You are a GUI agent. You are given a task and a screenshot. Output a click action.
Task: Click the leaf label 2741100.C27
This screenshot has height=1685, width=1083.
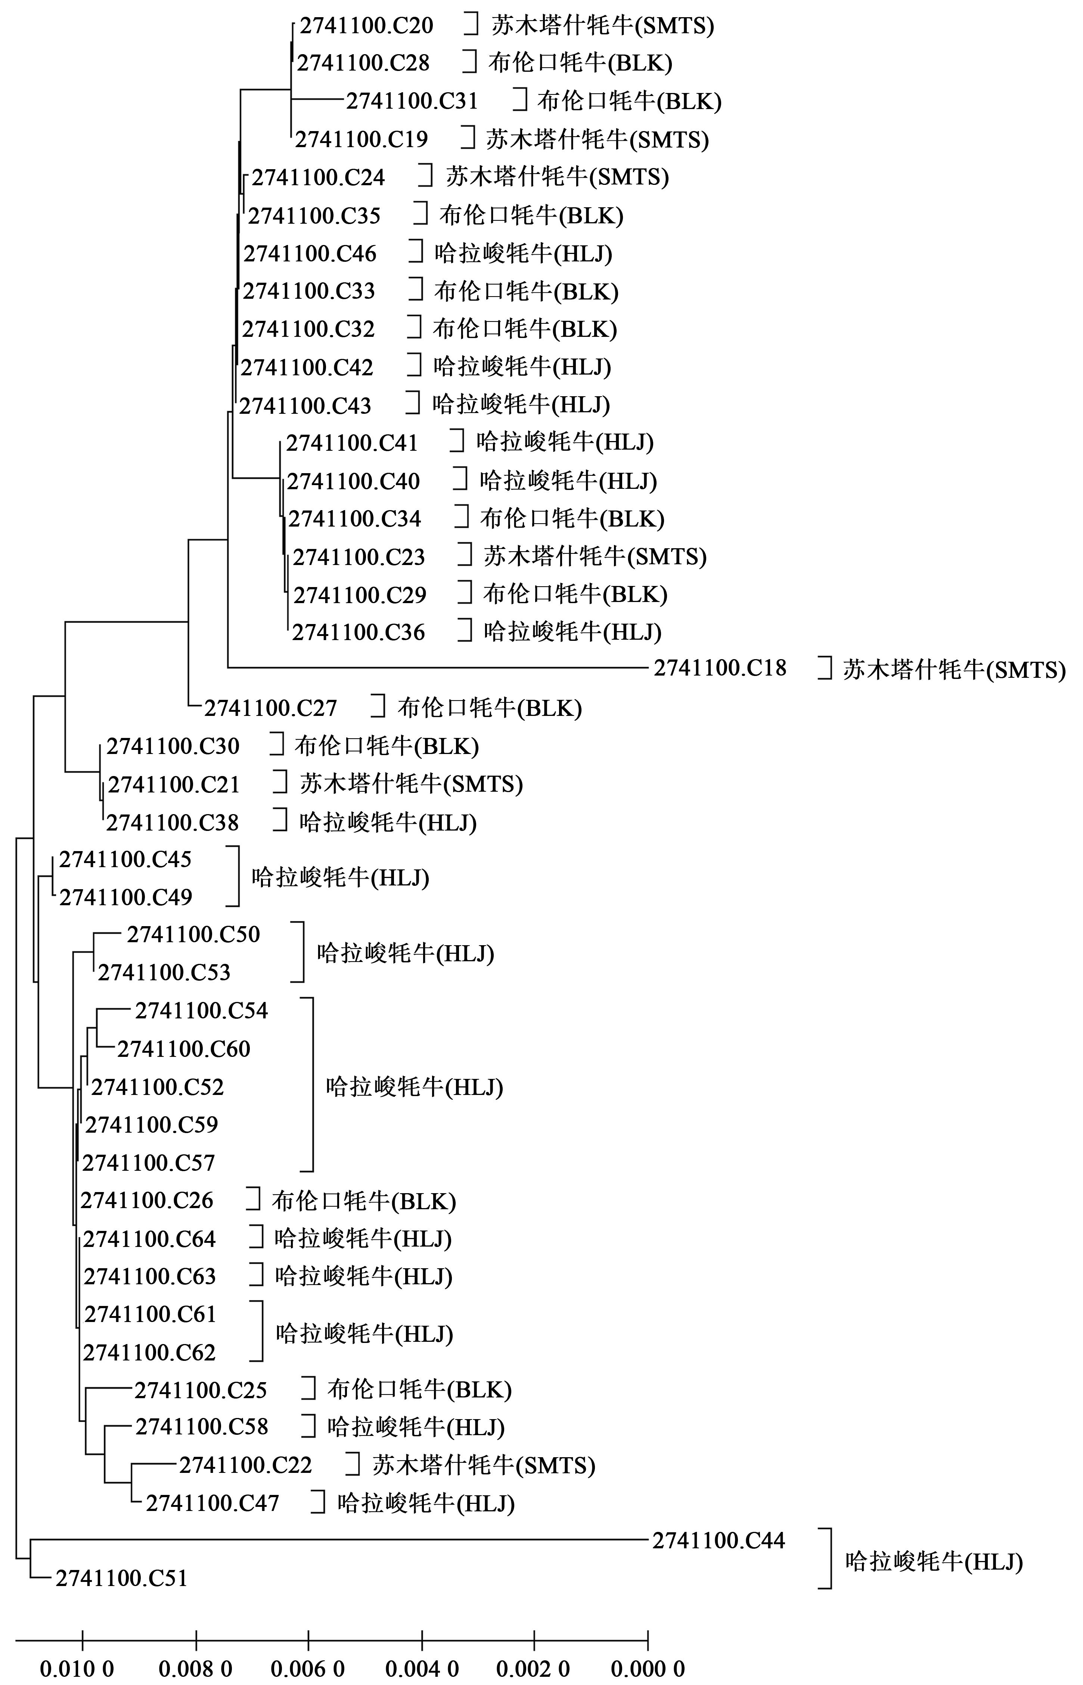pos(271,707)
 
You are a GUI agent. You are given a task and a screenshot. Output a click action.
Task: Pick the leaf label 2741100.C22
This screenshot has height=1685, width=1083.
pos(245,1465)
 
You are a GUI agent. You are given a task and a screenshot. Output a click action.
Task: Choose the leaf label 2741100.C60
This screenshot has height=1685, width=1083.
pos(183,1049)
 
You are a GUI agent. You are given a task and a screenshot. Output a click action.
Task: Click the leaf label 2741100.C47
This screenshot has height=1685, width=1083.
pos(212,1503)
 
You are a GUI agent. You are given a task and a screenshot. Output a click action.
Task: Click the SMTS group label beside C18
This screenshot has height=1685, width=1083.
pos(954,670)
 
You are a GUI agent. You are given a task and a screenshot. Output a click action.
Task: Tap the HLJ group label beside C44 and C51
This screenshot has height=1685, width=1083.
pos(934,1561)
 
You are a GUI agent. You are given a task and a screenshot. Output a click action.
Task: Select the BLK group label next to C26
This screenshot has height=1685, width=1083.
pos(364,1201)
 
